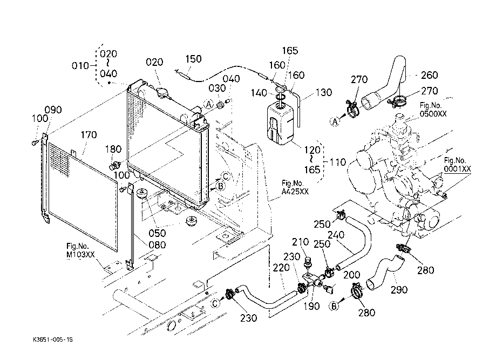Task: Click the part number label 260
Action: coord(429,75)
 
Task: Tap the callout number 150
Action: coord(194,59)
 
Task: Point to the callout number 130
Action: coord(323,93)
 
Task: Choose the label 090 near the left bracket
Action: coord(53,110)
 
